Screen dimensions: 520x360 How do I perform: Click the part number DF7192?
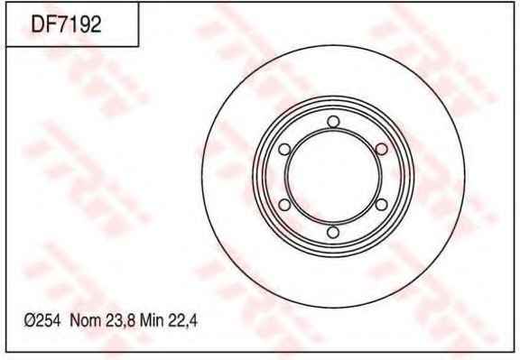66,24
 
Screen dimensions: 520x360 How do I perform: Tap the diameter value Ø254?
42,320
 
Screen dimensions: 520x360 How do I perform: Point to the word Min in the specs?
152,320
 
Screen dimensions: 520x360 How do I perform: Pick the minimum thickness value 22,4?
182,321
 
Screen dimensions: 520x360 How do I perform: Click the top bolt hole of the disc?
333,122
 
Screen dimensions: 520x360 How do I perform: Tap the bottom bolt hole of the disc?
333,232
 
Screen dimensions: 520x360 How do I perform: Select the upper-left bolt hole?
284,149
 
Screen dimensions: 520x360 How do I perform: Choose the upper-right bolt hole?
381,149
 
